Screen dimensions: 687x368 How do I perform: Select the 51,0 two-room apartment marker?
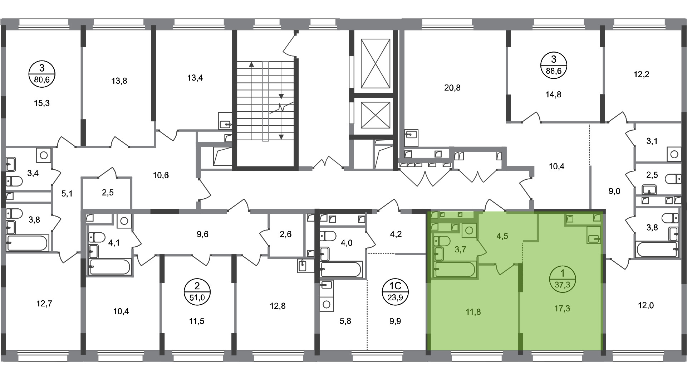click(x=197, y=292)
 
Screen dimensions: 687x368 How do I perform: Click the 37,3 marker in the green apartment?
click(x=562, y=280)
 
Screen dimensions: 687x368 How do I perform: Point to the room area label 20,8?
click(x=452, y=88)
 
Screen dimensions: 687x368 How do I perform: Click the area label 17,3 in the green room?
click(x=562, y=309)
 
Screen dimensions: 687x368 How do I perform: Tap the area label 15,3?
click(x=41, y=103)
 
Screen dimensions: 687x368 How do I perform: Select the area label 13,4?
click(x=195, y=78)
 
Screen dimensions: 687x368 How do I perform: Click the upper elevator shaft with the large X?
click(x=375, y=63)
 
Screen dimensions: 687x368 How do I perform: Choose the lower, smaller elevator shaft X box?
click(x=375, y=115)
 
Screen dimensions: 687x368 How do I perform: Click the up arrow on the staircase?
click(x=251, y=65)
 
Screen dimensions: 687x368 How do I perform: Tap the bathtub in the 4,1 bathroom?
click(x=110, y=267)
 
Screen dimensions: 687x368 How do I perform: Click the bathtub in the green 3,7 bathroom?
click(x=455, y=269)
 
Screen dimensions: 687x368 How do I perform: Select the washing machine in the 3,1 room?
click(x=674, y=154)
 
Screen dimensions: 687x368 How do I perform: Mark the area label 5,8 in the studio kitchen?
click(x=345, y=321)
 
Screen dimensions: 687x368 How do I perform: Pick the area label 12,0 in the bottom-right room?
click(x=646, y=306)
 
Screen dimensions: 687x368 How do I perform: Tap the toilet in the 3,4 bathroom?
click(x=14, y=181)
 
